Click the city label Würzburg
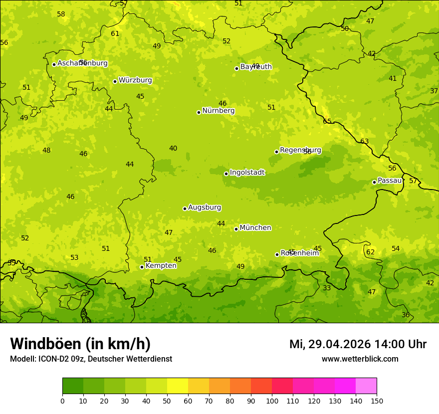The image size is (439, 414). tap(135, 80)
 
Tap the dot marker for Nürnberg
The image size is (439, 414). tap(199, 112)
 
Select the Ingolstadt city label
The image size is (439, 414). tap(247, 173)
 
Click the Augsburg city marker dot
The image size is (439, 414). tap(185, 208)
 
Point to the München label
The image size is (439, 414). tap(255, 228)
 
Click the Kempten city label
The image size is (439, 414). tap(161, 266)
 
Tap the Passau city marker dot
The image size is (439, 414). tap(374, 182)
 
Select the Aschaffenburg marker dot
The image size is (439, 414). tap(54, 64)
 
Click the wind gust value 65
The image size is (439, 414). tap(327, 121)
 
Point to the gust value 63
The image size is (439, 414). tap(365, 142)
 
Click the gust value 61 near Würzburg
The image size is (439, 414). tap(115, 34)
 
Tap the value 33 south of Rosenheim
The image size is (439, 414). tap(327, 288)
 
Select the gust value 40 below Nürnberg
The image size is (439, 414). tap(173, 149)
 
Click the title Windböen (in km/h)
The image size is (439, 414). tap(80, 344)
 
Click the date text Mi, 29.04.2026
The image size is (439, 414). tap(330, 344)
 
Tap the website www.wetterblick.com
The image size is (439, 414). tap(360, 359)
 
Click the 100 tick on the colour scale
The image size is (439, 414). tap(272, 401)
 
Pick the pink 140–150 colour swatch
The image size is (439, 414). tap(366, 386)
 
